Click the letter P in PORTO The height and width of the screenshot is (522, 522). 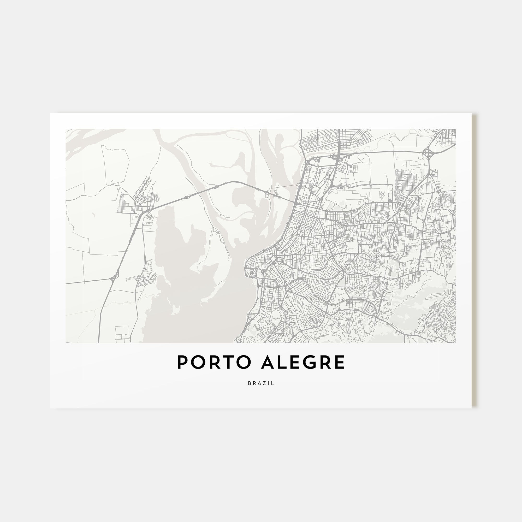[182, 362]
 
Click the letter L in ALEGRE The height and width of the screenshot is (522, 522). [283, 362]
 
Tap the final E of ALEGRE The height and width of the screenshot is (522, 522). [340, 362]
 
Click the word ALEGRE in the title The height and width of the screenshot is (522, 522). [303, 362]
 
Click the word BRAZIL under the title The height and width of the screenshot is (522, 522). [261, 383]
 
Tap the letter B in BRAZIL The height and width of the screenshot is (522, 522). [249, 383]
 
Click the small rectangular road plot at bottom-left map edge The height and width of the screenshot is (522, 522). [122, 333]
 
